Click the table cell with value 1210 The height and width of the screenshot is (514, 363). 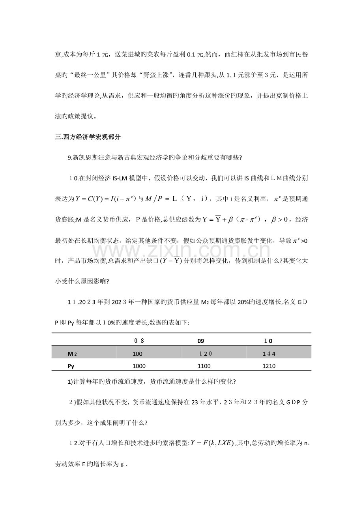coord(269,366)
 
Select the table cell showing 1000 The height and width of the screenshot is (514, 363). coord(139,366)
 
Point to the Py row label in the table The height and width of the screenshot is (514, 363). coord(71,366)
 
